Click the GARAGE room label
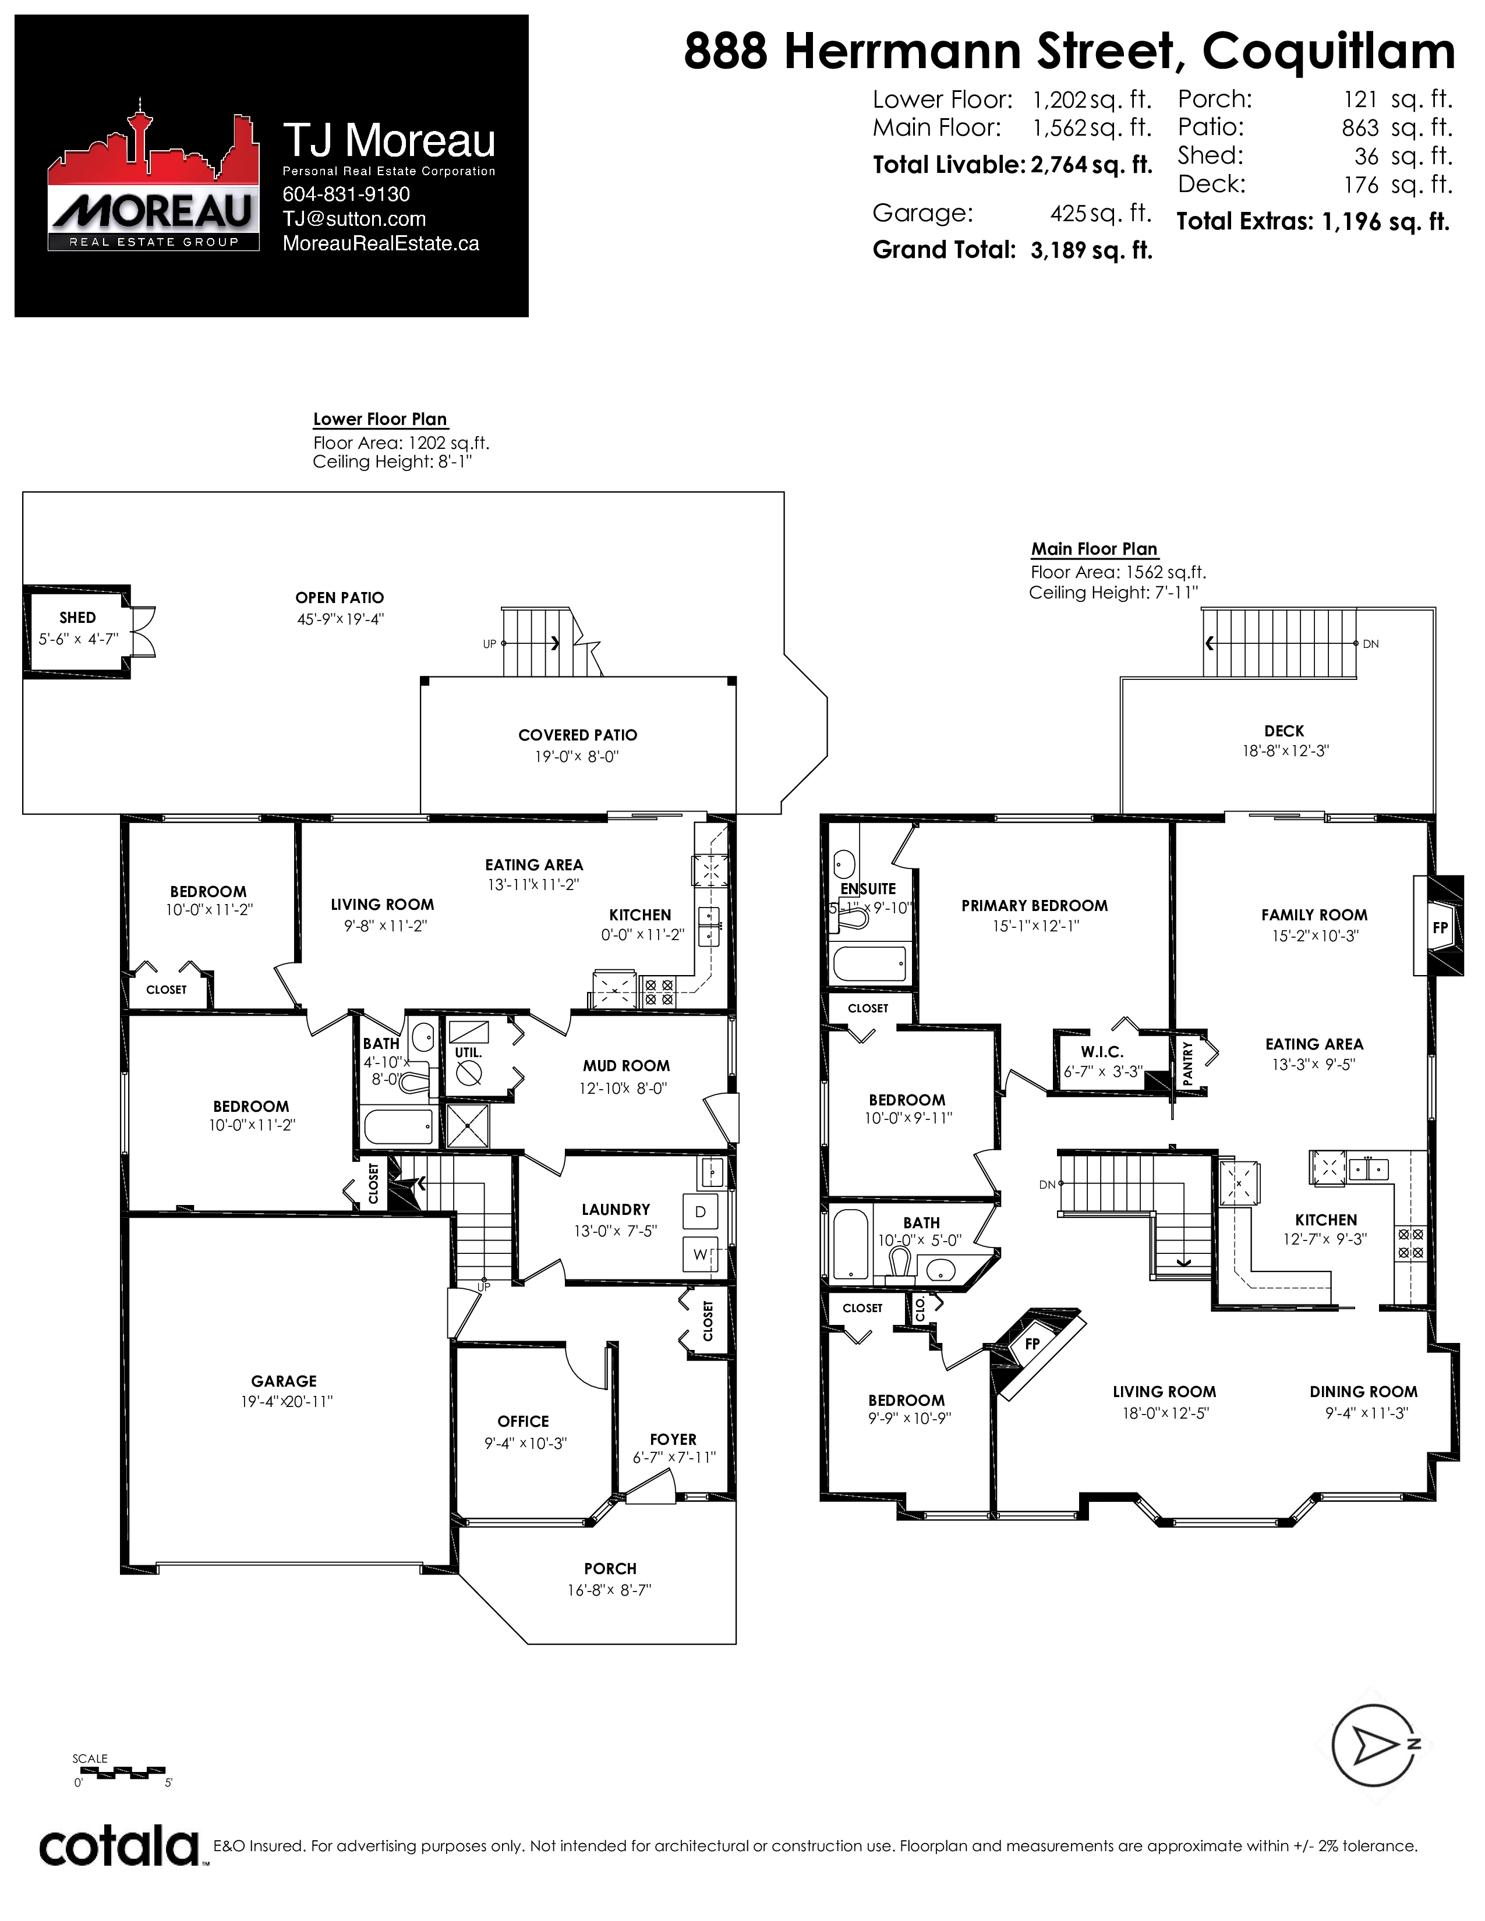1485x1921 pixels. [283, 1381]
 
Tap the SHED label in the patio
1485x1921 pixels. [77, 618]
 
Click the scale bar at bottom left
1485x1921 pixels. [119, 1770]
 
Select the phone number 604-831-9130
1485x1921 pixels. [346, 194]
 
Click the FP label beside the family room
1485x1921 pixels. [1440, 927]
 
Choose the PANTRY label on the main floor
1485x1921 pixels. [1187, 1064]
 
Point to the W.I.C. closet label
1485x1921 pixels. [1102, 1052]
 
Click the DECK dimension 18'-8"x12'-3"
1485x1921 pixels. [1285, 751]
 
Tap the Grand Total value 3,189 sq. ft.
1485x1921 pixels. [1091, 251]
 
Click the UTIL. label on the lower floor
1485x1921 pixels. [468, 1052]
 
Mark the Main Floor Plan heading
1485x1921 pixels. [1094, 549]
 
